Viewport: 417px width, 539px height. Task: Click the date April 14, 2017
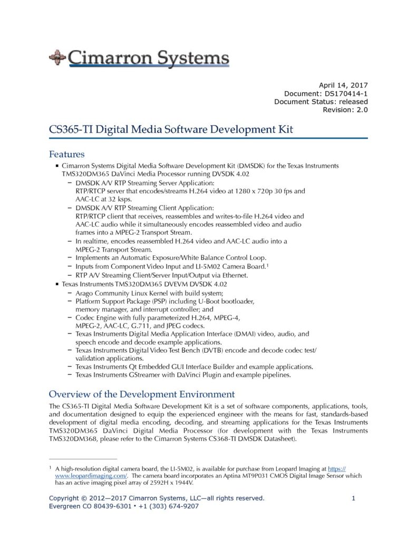(x=343, y=85)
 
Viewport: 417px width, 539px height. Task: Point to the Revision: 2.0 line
(x=345, y=109)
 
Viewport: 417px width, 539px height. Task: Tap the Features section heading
(x=66, y=154)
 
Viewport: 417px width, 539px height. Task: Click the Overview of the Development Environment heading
(x=141, y=394)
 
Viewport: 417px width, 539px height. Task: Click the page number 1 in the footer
(x=354, y=498)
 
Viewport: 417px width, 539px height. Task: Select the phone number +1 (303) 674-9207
(x=169, y=506)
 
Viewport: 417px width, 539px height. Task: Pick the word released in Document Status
(x=351, y=102)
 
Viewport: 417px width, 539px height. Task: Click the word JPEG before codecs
(x=172, y=325)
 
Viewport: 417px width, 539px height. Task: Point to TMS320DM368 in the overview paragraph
(x=75, y=440)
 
